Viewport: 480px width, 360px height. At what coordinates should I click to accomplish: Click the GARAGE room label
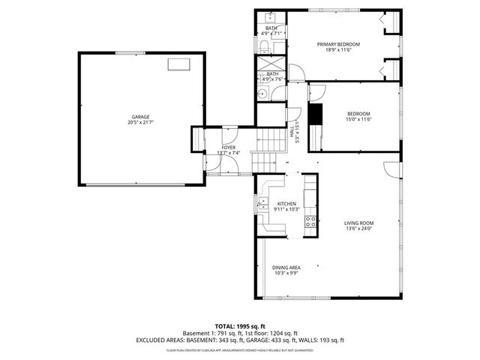click(x=140, y=116)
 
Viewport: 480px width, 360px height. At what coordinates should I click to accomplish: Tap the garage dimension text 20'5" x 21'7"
click(x=140, y=122)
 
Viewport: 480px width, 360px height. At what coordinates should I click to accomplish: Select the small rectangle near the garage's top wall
click(x=179, y=64)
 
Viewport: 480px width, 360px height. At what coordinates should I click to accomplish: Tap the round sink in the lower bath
click(x=263, y=94)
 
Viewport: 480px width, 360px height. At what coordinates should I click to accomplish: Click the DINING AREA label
click(x=286, y=267)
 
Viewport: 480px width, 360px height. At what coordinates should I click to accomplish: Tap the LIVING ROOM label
click(x=358, y=223)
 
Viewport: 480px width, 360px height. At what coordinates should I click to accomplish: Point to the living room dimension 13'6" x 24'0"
click(x=358, y=229)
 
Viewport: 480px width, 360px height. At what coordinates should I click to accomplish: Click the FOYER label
click(x=228, y=147)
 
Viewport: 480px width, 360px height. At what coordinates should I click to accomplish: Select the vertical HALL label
click(x=292, y=130)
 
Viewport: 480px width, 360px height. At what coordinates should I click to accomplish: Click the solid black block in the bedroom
click(x=315, y=116)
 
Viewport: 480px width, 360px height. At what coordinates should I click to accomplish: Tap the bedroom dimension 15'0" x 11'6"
click(x=358, y=119)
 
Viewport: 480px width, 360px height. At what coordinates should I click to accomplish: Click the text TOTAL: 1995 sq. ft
click(x=240, y=325)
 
